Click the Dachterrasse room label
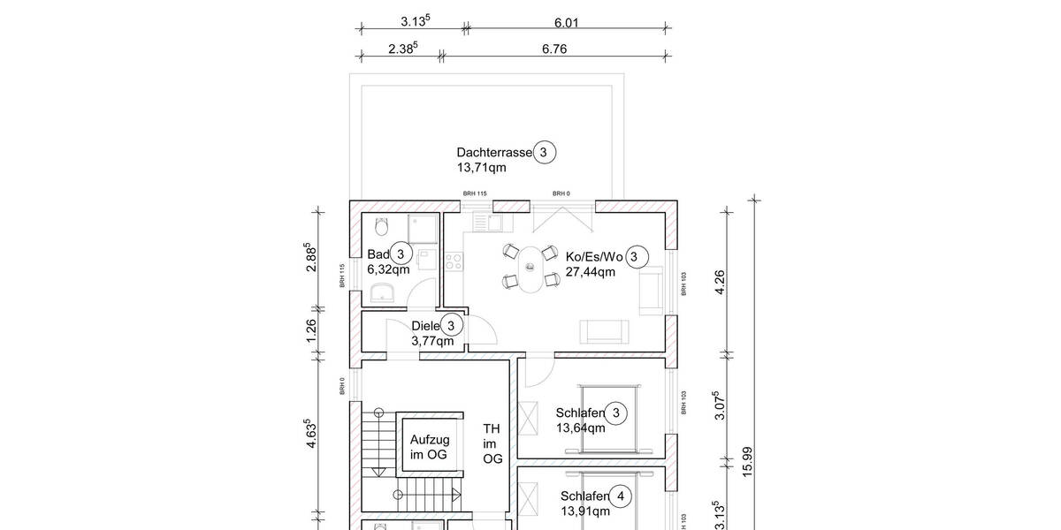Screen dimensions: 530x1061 494,152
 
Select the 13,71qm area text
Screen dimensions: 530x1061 481,167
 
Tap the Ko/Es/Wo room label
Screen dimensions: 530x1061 594,257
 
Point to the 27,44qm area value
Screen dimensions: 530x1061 590,272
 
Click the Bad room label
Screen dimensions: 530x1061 378,254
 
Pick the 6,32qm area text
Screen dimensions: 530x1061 387,269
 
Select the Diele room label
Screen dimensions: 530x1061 425,326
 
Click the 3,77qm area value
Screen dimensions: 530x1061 432,341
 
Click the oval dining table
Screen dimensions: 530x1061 530,269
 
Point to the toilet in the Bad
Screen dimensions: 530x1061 381,227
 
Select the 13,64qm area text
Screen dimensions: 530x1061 580,428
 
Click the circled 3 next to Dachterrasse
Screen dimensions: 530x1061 544,152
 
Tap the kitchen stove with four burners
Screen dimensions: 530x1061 454,261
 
